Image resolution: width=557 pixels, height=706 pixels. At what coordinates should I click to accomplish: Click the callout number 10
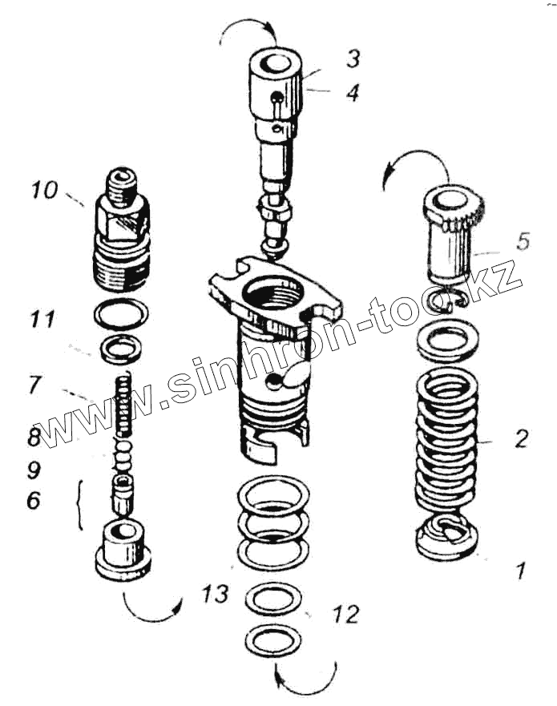[x=45, y=191]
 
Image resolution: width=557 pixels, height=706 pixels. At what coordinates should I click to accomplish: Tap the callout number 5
[x=523, y=240]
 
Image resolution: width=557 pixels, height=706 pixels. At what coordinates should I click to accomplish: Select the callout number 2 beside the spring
[x=522, y=438]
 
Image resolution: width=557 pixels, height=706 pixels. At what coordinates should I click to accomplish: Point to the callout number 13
[x=216, y=594]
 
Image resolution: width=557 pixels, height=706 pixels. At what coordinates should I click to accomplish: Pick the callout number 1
[x=521, y=571]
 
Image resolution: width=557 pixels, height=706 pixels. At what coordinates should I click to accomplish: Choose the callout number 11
[x=42, y=320]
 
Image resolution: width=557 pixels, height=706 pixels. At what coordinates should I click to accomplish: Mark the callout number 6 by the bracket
[x=33, y=500]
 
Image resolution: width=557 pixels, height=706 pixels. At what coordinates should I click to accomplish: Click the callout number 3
[x=353, y=58]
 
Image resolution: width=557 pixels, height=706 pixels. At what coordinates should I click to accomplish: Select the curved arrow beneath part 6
[x=153, y=610]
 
